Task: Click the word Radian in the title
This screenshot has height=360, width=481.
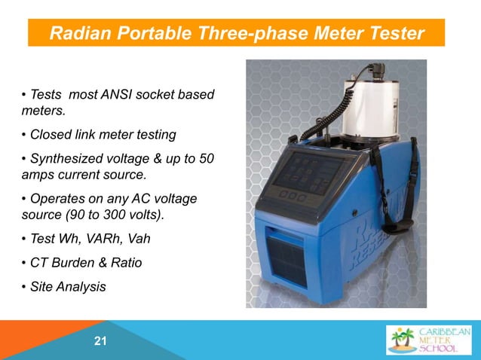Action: point(81,34)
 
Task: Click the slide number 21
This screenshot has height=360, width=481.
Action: point(99,343)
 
